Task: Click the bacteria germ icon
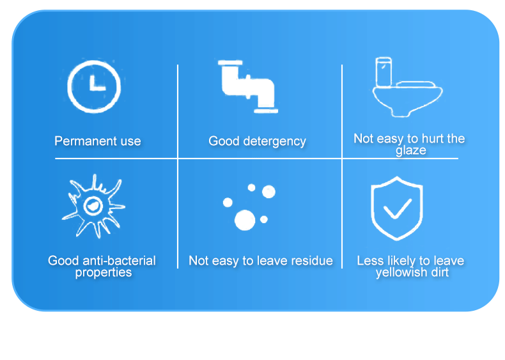[x=93, y=207]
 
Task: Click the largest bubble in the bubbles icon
[x=245, y=220]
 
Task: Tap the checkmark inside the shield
[x=398, y=208]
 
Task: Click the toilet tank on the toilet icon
[x=384, y=72]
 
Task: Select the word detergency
[x=275, y=141]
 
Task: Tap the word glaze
[x=411, y=151]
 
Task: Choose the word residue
[x=312, y=260]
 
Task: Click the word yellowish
[x=402, y=272]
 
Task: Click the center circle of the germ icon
[x=93, y=206]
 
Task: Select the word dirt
[x=440, y=272]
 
